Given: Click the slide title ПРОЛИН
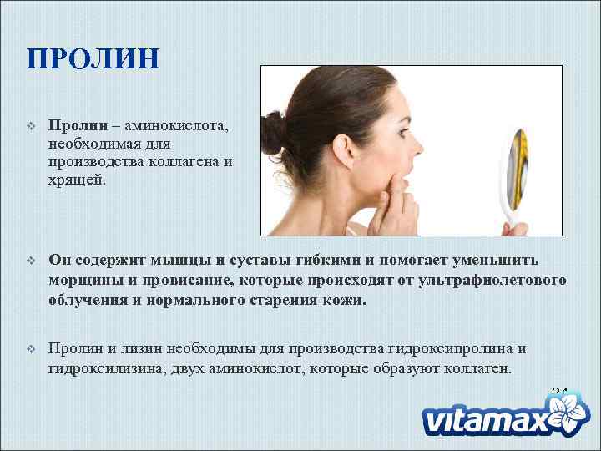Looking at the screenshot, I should coord(93,60).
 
